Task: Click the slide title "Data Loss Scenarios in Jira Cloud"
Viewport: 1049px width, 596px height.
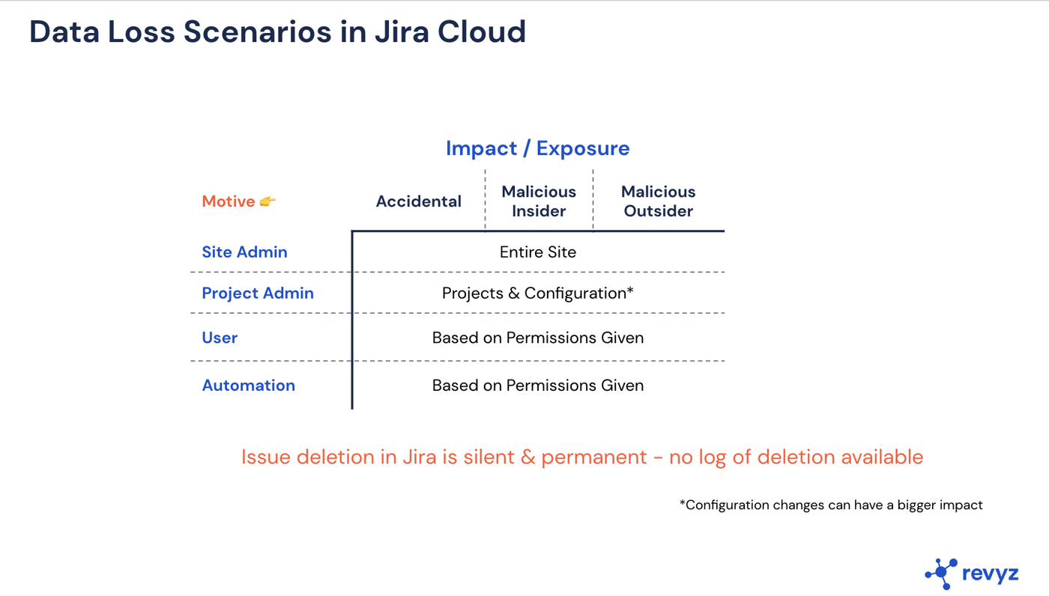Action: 277,32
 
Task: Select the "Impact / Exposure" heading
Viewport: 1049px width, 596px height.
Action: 537,148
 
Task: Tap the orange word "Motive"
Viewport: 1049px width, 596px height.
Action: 229,201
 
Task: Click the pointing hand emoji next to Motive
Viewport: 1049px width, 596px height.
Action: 267,201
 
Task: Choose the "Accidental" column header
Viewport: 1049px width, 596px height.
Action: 418,201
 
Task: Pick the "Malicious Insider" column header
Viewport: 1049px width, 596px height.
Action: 539,201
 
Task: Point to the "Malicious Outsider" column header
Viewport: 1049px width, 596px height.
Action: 658,201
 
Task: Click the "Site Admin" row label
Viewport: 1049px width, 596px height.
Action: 244,252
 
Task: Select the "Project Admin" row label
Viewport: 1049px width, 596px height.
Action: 258,294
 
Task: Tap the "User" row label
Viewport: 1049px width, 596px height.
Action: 220,338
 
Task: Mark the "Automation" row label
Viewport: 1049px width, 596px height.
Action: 248,386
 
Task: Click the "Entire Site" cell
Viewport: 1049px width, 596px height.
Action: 537,252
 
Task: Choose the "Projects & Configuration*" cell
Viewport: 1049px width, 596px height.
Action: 537,294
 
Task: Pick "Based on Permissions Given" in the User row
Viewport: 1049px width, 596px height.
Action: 537,338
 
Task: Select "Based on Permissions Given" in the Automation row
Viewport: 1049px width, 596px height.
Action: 537,386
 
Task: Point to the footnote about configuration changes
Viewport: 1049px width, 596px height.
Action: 831,505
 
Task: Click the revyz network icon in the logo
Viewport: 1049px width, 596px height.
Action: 941,574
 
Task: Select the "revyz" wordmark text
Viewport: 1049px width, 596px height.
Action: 990,574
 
